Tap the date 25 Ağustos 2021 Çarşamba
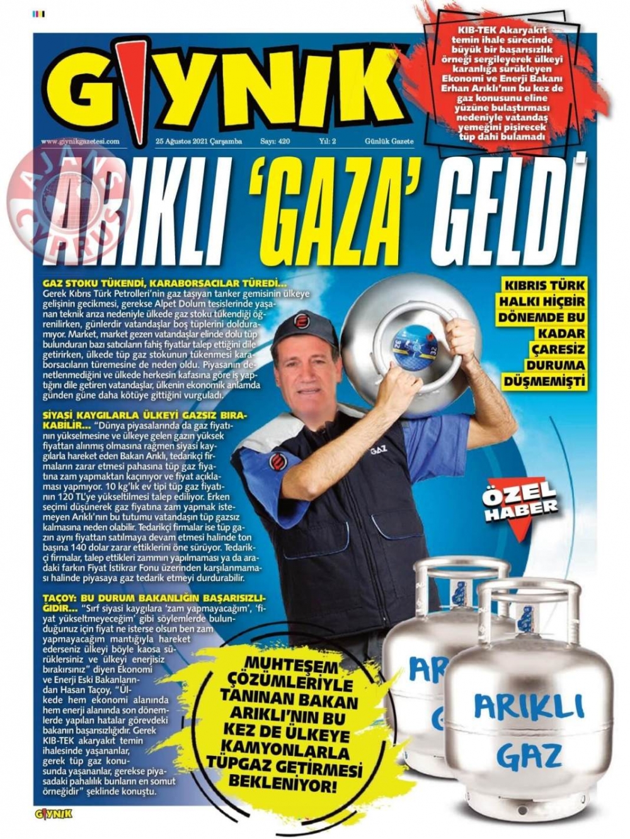click(x=198, y=142)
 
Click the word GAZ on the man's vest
click(x=378, y=451)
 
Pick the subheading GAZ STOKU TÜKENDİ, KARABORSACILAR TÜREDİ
click(x=164, y=284)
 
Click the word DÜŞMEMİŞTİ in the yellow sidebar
click(x=544, y=381)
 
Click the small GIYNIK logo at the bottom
click(x=54, y=814)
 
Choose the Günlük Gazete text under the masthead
click(x=389, y=142)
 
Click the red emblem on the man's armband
click(x=278, y=461)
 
